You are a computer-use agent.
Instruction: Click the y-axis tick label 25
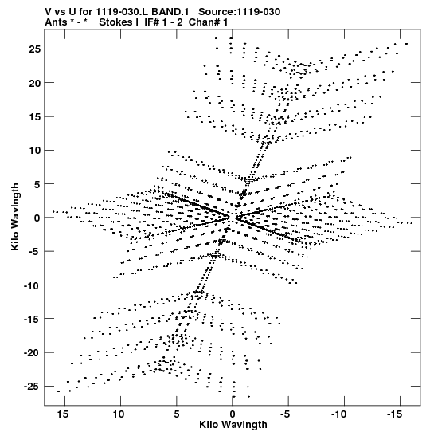(35, 49)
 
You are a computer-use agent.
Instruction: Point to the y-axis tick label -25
(33, 387)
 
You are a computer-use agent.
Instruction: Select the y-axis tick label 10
(35, 151)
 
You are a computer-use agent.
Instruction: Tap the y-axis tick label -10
(33, 285)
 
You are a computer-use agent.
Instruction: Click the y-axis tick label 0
(37, 218)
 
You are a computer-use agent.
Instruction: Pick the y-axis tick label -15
(33, 319)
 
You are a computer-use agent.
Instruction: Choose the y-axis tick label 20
(35, 83)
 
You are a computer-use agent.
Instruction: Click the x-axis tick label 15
(63, 414)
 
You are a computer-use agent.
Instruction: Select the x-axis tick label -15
(394, 414)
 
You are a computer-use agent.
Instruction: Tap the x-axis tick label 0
(233, 414)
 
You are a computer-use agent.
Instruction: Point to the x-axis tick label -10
(338, 414)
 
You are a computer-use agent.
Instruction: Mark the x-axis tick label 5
(177, 414)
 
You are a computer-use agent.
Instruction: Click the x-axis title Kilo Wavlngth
(233, 425)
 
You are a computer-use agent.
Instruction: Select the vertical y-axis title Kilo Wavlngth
(15, 217)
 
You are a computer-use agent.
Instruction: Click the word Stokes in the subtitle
(116, 22)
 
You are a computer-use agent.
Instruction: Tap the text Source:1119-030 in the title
(240, 12)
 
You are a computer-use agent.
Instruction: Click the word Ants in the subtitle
(56, 22)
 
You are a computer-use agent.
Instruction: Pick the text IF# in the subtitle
(151, 22)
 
